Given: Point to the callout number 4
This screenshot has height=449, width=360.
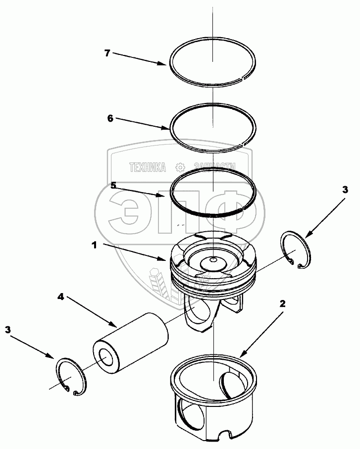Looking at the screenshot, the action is point(60,297).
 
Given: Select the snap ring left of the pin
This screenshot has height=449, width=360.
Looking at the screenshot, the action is point(72,378).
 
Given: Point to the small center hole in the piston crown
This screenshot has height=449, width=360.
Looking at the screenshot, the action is point(212,259).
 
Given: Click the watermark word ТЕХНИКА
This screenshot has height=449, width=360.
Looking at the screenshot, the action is point(147,167).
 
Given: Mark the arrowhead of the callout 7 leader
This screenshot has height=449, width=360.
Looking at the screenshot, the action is point(166,64).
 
